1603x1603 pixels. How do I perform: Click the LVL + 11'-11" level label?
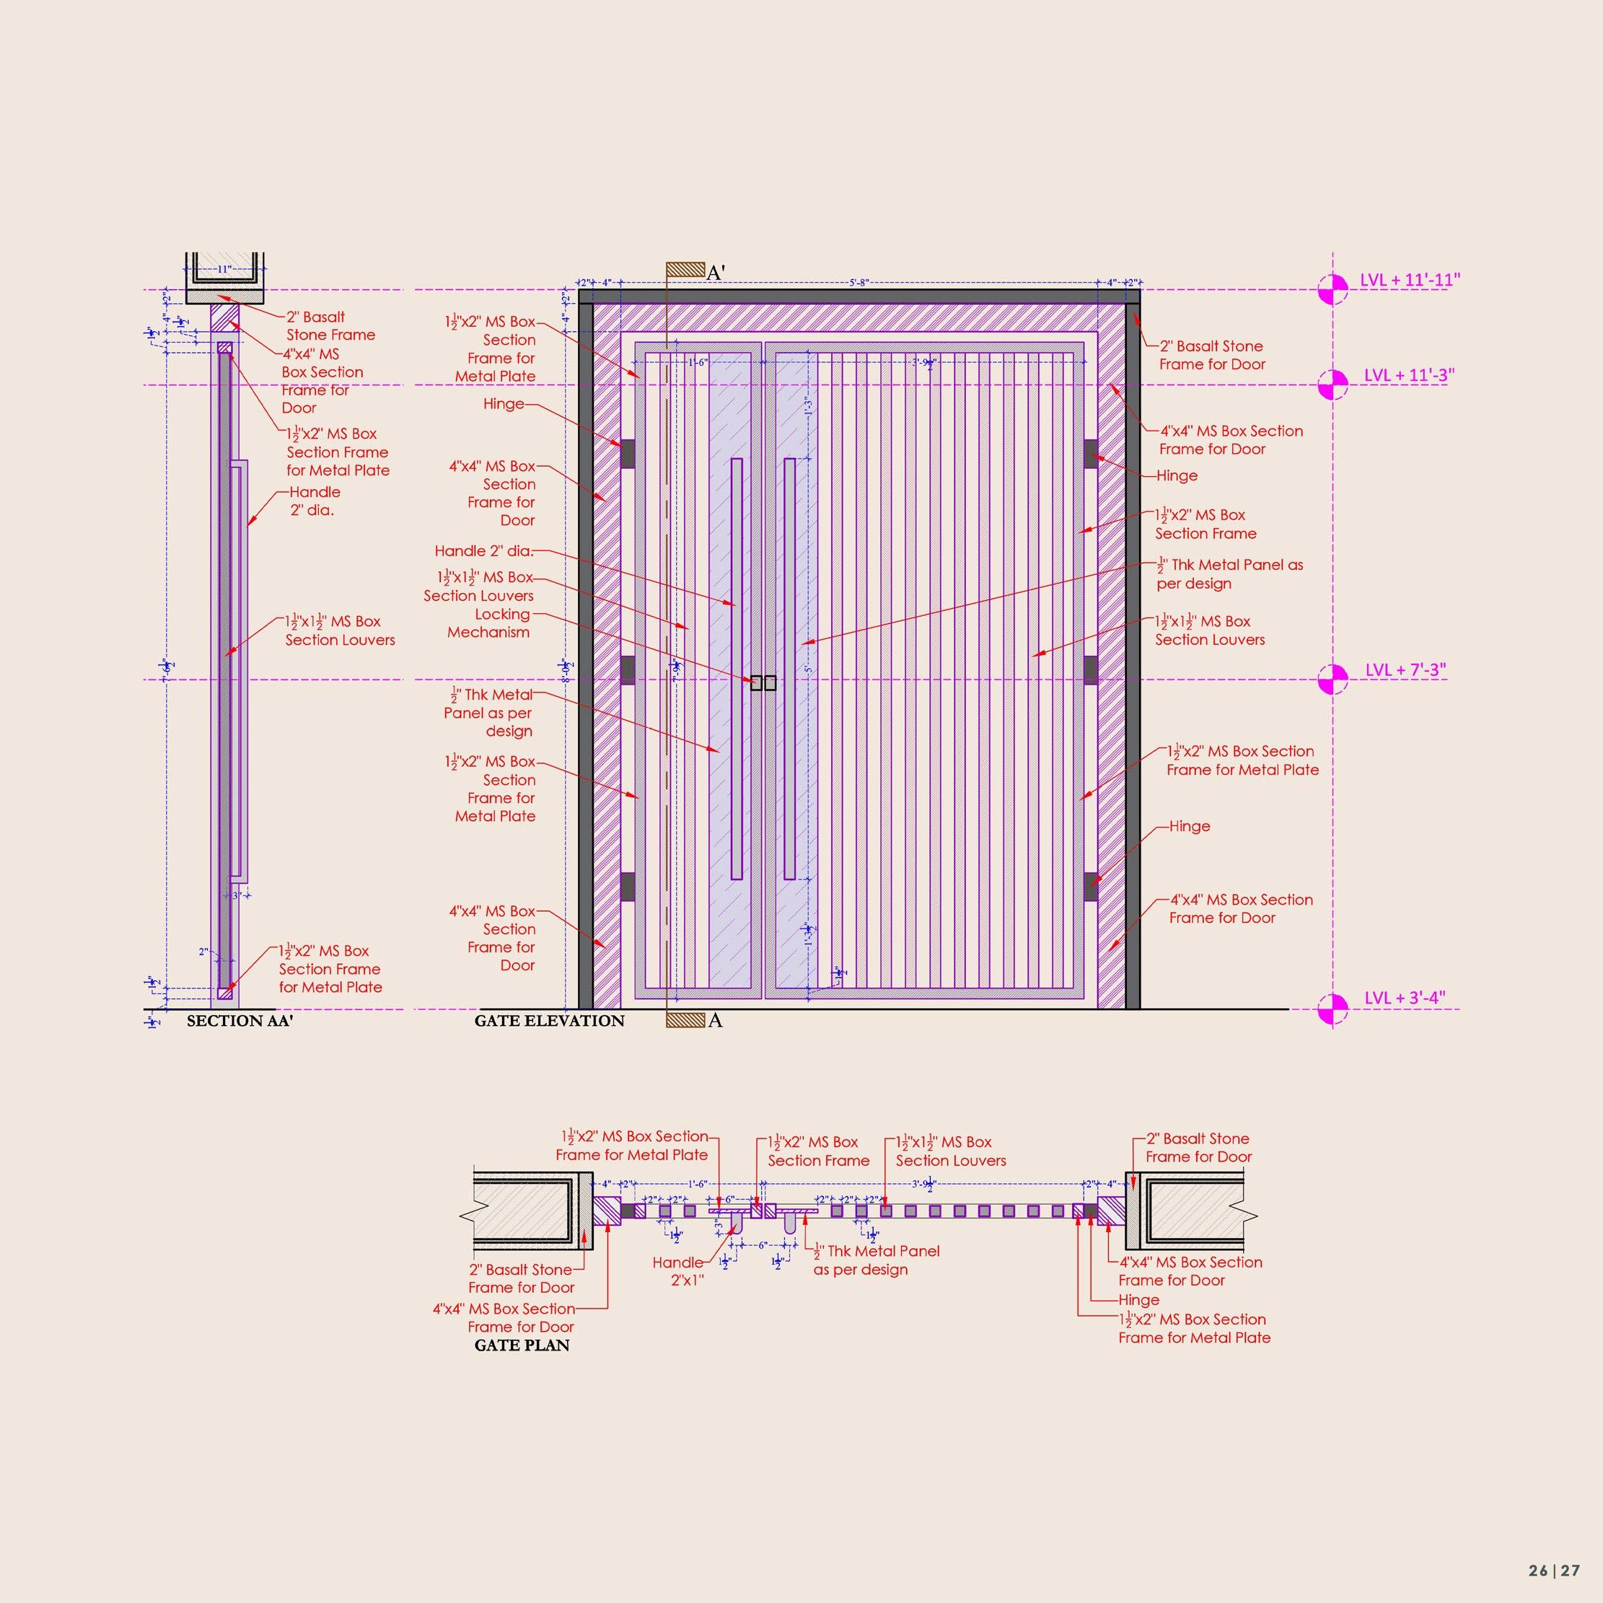click(1409, 280)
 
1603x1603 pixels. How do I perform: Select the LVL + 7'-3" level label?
click(1405, 669)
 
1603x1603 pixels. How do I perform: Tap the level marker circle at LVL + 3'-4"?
click(1332, 1009)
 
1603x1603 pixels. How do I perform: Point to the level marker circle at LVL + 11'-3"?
click(1332, 384)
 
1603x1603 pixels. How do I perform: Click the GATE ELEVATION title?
click(549, 1021)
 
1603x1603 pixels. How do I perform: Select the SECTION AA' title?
click(240, 1021)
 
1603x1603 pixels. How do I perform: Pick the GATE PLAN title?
click(522, 1345)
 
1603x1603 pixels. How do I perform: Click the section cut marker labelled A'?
click(685, 271)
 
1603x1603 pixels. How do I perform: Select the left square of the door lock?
click(756, 683)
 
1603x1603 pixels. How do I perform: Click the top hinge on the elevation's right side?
click(1090, 454)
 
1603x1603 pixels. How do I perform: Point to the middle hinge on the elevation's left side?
click(628, 669)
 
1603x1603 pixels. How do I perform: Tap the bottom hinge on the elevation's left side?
click(628, 886)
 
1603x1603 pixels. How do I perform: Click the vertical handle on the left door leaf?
click(736, 668)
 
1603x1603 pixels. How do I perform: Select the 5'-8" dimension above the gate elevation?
click(858, 283)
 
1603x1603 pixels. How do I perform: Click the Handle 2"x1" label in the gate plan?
click(679, 1271)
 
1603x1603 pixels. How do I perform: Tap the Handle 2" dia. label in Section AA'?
click(314, 501)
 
